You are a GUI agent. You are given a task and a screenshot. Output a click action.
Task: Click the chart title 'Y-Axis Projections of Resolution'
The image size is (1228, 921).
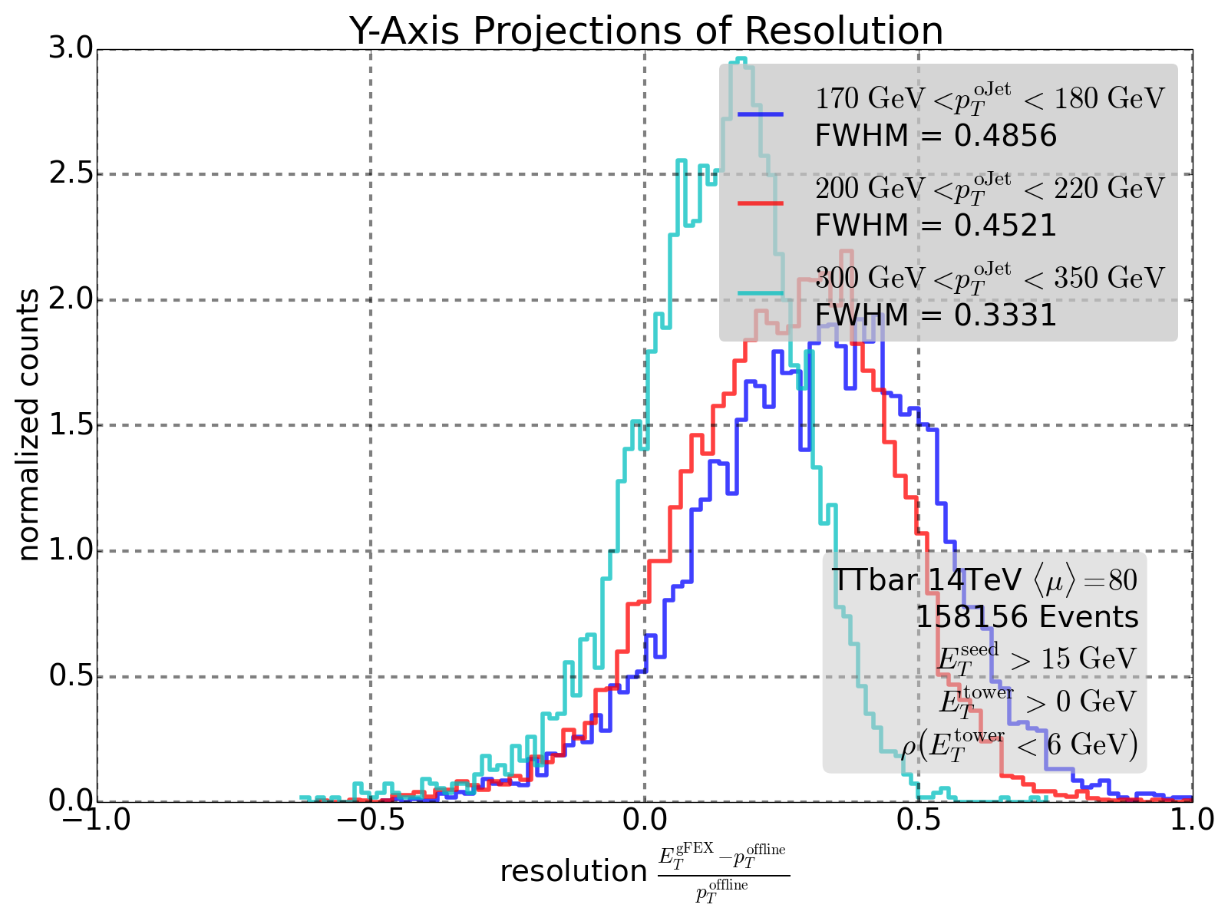pyautogui.click(x=645, y=31)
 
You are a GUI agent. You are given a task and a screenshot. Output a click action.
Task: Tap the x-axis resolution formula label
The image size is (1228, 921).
pyautogui.click(x=645, y=872)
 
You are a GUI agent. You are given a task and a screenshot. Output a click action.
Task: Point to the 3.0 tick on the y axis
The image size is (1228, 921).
pyautogui.click(x=70, y=49)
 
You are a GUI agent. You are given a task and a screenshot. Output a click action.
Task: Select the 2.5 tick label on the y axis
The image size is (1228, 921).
pyautogui.click(x=70, y=174)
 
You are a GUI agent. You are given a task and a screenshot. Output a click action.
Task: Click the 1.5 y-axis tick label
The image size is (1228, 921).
pyautogui.click(x=70, y=425)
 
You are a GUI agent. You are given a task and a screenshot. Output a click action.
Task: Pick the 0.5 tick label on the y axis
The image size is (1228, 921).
pyautogui.click(x=70, y=676)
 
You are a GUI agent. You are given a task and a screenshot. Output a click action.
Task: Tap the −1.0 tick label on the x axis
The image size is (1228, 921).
pyautogui.click(x=97, y=820)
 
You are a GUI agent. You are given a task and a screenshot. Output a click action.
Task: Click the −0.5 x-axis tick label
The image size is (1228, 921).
pyautogui.click(x=371, y=820)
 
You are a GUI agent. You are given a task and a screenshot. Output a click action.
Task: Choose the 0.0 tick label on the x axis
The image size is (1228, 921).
pyautogui.click(x=645, y=820)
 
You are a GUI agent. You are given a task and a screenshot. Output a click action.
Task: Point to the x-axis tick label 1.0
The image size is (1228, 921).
pyautogui.click(x=1192, y=820)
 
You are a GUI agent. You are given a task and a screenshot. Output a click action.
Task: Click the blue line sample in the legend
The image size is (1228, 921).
pyautogui.click(x=761, y=114)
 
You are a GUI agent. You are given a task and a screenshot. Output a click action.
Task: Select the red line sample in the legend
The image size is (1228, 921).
pyautogui.click(x=761, y=203)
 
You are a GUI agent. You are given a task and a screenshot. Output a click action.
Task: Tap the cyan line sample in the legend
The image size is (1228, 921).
pyautogui.click(x=761, y=293)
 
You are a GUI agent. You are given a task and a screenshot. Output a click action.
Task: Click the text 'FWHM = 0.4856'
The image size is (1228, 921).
pyautogui.click(x=936, y=137)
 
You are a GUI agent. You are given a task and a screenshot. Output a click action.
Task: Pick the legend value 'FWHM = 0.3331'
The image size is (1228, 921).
pyautogui.click(x=936, y=315)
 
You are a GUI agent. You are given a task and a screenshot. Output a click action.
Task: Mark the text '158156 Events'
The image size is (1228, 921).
pyautogui.click(x=1027, y=617)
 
